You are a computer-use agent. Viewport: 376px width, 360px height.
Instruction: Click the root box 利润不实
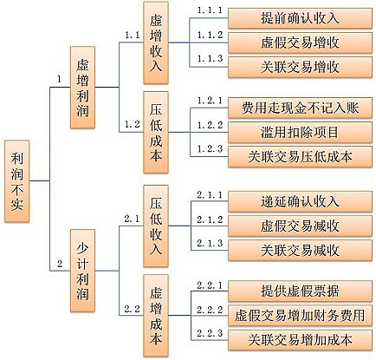click(17, 181)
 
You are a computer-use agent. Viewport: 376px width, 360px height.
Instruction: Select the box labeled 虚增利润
click(82, 88)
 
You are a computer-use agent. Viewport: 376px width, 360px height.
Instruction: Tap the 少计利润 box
click(82, 271)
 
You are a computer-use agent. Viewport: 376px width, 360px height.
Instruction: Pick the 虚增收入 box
click(156, 43)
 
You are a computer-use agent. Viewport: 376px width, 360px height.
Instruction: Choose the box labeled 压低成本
click(156, 133)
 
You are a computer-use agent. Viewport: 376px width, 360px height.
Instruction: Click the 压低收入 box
click(156, 226)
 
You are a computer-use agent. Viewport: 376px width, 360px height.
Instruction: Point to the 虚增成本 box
click(156, 316)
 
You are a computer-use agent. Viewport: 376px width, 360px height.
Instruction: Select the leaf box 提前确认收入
click(300, 18)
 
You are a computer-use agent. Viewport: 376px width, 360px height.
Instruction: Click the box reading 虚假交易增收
click(300, 43)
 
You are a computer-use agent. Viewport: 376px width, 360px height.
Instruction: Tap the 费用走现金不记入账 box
click(300, 108)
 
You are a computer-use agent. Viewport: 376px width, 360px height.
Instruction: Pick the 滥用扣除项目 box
click(300, 133)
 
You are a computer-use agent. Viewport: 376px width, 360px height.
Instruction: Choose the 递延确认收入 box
click(300, 201)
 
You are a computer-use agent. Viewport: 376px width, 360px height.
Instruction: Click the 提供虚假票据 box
click(300, 291)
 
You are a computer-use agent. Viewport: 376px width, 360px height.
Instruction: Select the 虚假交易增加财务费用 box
click(300, 316)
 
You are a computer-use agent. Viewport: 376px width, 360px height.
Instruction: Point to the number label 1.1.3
click(210, 59)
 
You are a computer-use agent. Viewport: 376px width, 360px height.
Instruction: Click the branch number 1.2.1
click(210, 101)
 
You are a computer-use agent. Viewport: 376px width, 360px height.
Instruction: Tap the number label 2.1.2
click(210, 219)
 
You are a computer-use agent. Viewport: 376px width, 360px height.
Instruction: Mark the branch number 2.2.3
click(210, 333)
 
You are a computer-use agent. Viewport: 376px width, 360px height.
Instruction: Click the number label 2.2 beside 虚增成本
click(132, 309)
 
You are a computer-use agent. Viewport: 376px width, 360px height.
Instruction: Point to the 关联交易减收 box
click(300, 251)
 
